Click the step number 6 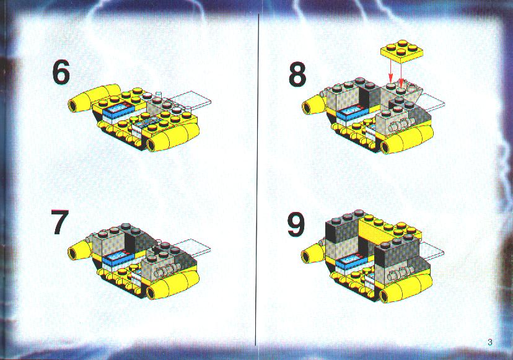pyautogui.click(x=61, y=73)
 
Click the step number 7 pyautogui.click(x=60, y=222)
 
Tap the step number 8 pyautogui.click(x=297, y=74)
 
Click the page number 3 pyautogui.click(x=490, y=342)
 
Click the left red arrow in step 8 pyautogui.click(x=390, y=71)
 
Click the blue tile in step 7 pyautogui.click(x=118, y=258)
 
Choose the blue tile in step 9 pyautogui.click(x=352, y=261)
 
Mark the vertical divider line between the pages pyautogui.click(x=258, y=179)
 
